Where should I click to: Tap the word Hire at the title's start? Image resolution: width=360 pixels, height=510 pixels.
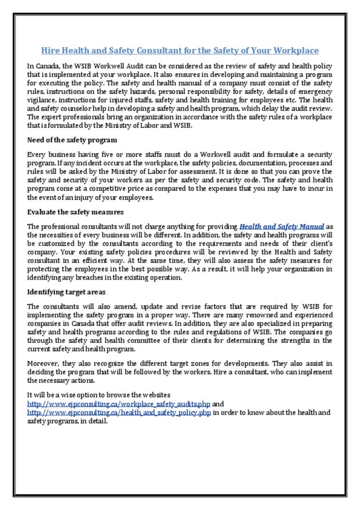point(50,50)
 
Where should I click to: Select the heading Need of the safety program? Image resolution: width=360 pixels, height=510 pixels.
point(72,140)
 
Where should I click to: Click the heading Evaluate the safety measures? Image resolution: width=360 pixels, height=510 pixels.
point(75,212)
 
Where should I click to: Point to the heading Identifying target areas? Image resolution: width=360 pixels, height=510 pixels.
point(66,292)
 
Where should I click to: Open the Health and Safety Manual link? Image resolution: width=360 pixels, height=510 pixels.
point(282,227)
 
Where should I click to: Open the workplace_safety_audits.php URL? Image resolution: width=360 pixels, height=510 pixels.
point(119,403)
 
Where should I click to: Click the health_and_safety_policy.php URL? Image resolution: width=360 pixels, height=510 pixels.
point(119,412)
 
